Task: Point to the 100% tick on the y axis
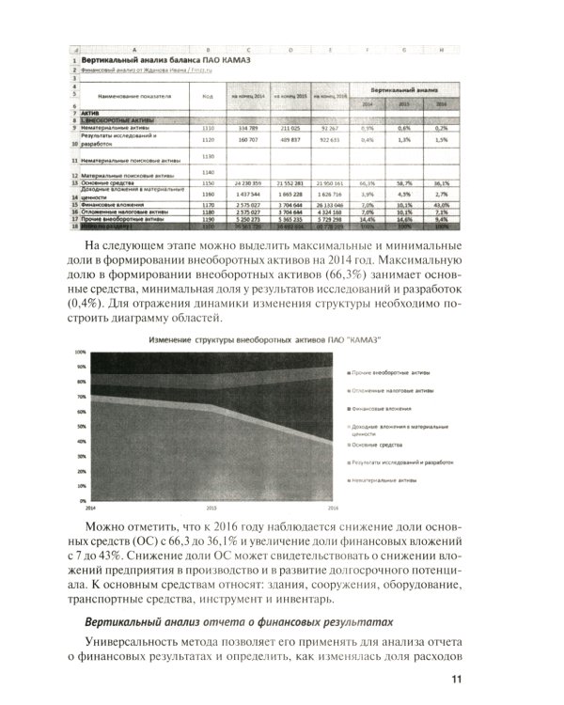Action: tap(80, 352)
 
